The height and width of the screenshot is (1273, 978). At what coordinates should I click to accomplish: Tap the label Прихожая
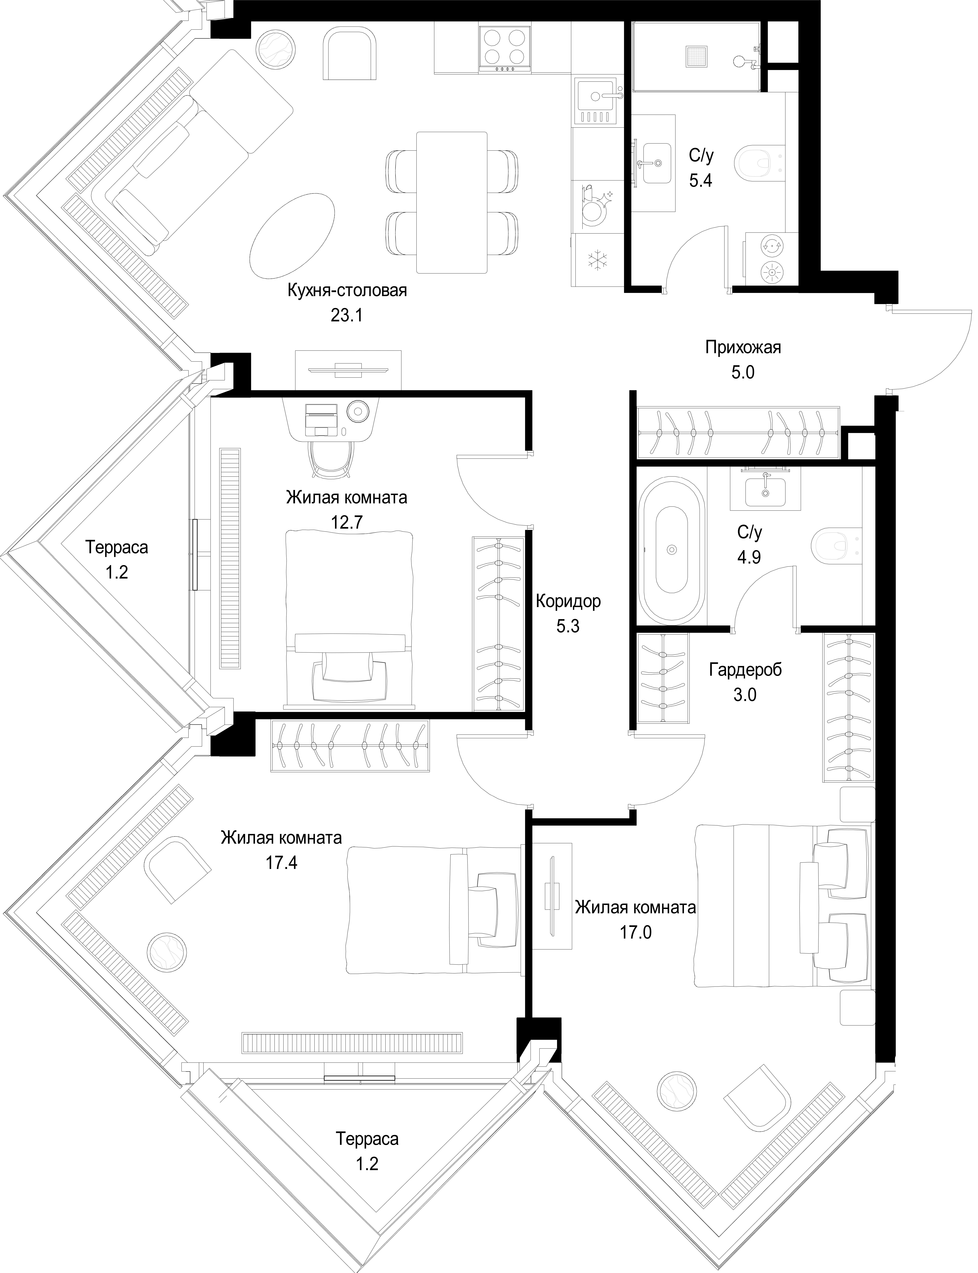[x=743, y=348]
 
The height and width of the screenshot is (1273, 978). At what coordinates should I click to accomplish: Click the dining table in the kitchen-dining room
[x=452, y=202]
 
